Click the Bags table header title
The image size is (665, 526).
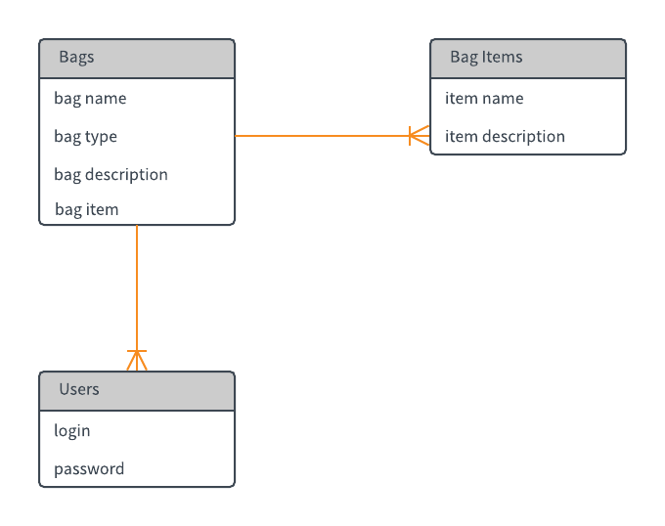click(x=76, y=57)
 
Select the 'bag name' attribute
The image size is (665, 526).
click(x=90, y=98)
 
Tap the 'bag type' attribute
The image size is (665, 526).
click(x=85, y=137)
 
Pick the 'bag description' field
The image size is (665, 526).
click(x=111, y=174)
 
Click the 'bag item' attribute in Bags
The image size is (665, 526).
click(x=86, y=209)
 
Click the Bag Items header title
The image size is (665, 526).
click(x=486, y=57)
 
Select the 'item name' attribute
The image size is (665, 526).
click(x=484, y=98)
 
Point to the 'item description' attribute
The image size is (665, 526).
click(x=505, y=137)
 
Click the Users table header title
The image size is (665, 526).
click(x=79, y=389)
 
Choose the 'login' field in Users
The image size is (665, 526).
click(x=72, y=431)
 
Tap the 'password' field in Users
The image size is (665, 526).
click(x=89, y=469)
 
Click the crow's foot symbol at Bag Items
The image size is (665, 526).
click(x=420, y=136)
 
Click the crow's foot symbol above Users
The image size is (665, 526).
click(x=137, y=360)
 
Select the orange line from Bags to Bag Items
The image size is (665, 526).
click(x=323, y=136)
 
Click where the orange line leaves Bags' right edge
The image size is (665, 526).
click(x=237, y=136)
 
